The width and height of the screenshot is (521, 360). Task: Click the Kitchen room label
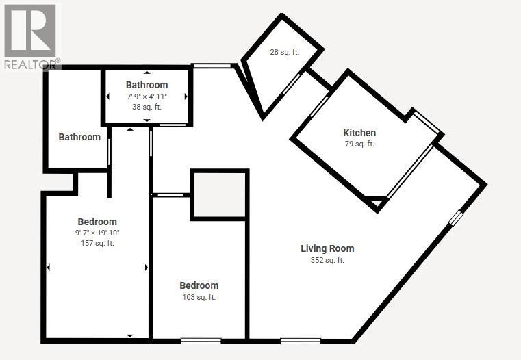[x=359, y=133]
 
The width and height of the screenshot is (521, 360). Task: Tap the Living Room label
[x=327, y=248]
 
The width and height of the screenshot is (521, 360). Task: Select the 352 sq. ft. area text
[x=327, y=260]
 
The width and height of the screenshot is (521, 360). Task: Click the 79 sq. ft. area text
[x=359, y=144]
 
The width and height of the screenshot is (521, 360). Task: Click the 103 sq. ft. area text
[x=199, y=297]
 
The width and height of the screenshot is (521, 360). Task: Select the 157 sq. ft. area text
[x=97, y=243]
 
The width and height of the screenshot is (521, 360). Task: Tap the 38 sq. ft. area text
[x=147, y=107]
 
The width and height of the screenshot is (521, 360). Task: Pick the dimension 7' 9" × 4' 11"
[x=147, y=97]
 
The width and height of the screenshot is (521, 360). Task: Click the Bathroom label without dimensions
[x=79, y=137]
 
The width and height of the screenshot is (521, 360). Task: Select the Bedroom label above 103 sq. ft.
[x=199, y=285]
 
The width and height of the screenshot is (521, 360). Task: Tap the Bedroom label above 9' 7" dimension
[x=97, y=222]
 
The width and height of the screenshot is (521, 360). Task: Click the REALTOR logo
[x=30, y=34]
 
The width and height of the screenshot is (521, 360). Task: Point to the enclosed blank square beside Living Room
[x=218, y=194]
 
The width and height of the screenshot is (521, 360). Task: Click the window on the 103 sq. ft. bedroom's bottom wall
[x=201, y=339]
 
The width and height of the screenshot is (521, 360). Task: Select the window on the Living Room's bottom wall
[x=301, y=339]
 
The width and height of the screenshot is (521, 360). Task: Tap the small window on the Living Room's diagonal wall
[x=456, y=218]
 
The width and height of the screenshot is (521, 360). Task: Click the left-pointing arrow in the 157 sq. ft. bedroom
[x=49, y=267]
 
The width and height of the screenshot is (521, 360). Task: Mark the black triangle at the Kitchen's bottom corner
[x=375, y=203]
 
